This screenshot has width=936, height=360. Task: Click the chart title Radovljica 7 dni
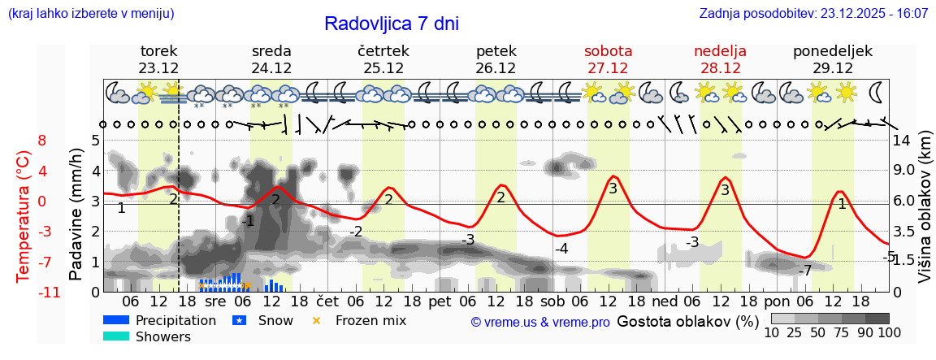(391, 24)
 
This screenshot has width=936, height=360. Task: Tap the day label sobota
(608, 51)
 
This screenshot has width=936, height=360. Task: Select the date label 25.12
(383, 68)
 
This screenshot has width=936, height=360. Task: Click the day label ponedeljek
(833, 51)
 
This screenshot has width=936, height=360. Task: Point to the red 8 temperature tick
(42, 141)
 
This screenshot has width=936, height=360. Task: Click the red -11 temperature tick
(49, 293)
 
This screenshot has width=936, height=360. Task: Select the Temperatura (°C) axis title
(23, 215)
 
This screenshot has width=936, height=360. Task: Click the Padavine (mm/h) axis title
(76, 214)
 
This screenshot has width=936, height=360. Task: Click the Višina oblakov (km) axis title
(925, 215)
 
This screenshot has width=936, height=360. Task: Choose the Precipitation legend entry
(175, 320)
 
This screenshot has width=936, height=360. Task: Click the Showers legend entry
(162, 336)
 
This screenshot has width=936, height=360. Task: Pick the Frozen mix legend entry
(370, 320)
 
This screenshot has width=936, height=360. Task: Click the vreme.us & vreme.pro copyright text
(540, 323)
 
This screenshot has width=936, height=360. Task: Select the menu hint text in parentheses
(91, 14)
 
